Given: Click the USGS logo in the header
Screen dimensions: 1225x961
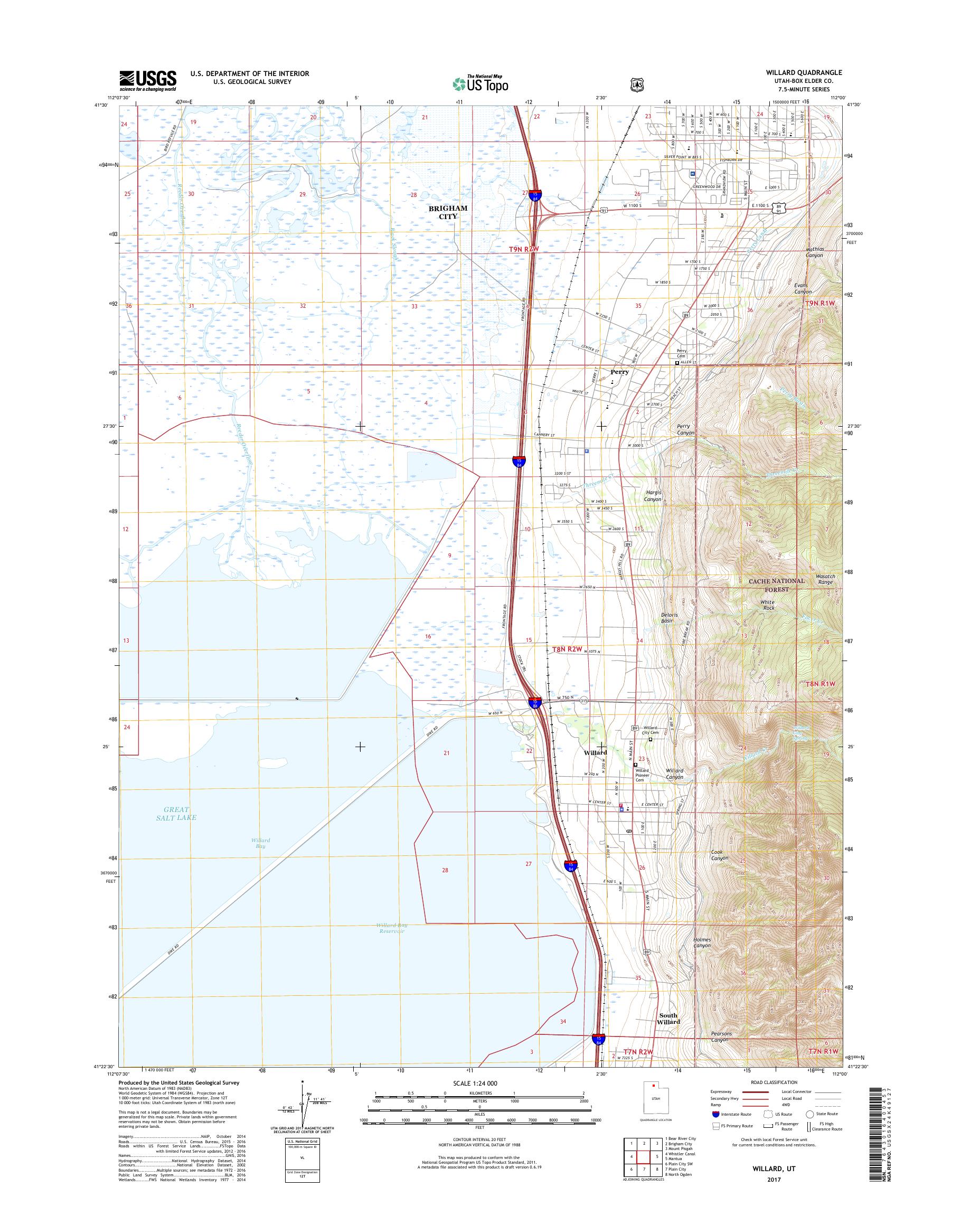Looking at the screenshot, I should tap(147, 80).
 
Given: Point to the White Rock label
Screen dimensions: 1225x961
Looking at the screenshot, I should tap(767, 605).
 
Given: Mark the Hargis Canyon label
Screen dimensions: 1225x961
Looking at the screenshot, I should tap(653, 496).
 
